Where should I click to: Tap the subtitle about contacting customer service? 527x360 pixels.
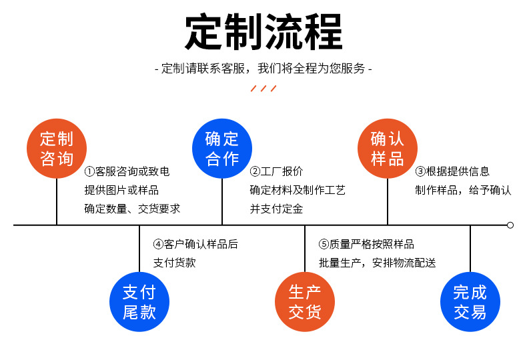[263, 68]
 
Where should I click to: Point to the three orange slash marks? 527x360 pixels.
[263, 89]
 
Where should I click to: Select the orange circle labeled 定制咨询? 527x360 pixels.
[57, 149]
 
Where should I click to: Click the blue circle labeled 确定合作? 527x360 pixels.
[222, 149]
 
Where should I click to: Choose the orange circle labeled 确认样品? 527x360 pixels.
[388, 149]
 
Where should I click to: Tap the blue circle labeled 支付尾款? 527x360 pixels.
[139, 302]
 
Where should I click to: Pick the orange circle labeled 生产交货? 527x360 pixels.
[305, 302]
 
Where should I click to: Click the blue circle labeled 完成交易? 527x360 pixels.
[470, 302]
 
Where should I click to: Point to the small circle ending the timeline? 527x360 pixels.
[510, 225]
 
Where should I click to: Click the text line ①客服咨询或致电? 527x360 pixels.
[127, 171]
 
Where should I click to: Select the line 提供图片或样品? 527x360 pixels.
[121, 190]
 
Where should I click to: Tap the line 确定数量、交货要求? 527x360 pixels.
[132, 209]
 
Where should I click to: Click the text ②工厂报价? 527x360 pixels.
[276, 171]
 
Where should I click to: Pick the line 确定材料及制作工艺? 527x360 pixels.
[298, 190]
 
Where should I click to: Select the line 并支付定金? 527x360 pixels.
[276, 209]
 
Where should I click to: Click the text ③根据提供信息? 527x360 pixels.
[452, 171]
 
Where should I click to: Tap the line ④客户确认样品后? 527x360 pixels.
[195, 244]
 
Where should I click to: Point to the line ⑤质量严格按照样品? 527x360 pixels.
[366, 244]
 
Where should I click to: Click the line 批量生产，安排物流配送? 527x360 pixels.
[377, 263]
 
